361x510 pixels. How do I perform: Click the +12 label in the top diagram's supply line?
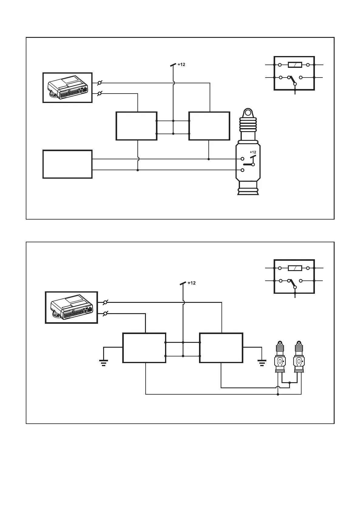coord(181,65)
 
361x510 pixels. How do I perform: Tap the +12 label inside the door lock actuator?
coord(253,152)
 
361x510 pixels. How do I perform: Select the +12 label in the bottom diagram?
coord(191,283)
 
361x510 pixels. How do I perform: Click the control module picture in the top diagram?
coord(67,88)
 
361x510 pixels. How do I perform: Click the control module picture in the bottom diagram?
coord(71,307)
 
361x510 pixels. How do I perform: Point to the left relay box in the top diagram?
coord(137,126)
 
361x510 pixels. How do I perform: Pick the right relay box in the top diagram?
coord(209,126)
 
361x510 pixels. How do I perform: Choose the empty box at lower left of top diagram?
coord(67,164)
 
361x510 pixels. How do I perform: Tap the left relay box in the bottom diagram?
coord(144,348)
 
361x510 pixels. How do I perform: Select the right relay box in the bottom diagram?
coord(221,348)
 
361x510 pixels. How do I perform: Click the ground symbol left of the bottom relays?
coord(104,362)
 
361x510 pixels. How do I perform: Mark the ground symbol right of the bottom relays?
coord(262,362)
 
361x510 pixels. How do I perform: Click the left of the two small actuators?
coord(280,357)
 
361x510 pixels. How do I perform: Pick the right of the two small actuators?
coord(299,357)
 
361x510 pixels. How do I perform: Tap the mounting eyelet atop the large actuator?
coord(248,113)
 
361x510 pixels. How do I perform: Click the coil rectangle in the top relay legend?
coord(295,65)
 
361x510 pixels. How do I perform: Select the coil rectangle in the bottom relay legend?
coord(295,268)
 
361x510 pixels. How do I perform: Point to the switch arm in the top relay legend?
coord(293,80)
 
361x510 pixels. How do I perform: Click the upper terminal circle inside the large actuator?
coord(242,159)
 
